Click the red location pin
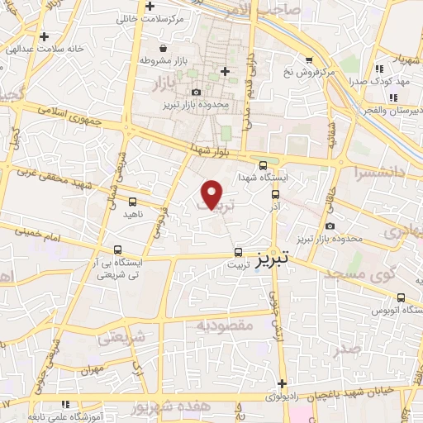tap(212, 194)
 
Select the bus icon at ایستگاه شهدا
tap(263, 164)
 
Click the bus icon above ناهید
tap(133, 200)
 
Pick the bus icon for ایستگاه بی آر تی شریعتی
tap(118, 249)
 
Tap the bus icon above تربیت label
tap(238, 252)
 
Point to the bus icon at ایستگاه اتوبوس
tap(401, 297)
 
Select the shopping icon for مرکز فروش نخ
tap(309, 59)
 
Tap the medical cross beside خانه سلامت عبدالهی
tap(44, 36)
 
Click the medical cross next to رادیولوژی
tap(282, 383)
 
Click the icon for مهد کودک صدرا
tap(379, 69)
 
